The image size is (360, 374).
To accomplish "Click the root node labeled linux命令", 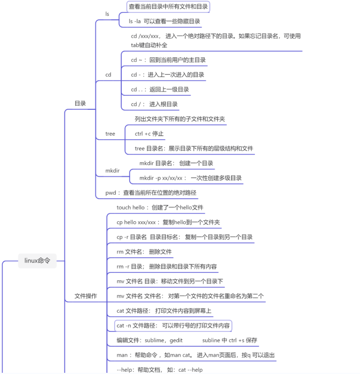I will [38, 261].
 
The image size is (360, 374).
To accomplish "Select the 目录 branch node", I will [80, 103].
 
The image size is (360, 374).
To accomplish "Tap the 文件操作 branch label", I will [86, 296].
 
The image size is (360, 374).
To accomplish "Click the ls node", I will [107, 14].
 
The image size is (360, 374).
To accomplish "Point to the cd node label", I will [108, 75].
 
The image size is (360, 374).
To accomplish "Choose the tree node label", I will [110, 134].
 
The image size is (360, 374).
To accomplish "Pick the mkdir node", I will [113, 171].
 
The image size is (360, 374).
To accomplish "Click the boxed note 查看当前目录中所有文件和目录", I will [168, 7].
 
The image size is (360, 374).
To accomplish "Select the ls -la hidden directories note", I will [165, 21].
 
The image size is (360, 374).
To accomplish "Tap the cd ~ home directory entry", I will [168, 60].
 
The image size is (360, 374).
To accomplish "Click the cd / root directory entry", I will [154, 104].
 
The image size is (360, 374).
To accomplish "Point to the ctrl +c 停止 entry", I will [149, 134].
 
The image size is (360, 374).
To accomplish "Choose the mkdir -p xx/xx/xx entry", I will [190, 178].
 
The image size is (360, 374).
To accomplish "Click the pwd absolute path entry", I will [150, 192].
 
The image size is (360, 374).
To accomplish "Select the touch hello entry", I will [160, 207].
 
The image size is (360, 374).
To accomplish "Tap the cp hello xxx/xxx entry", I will [168, 222].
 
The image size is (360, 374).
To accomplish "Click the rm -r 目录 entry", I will [167, 267].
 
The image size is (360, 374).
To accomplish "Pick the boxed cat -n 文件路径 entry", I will [173, 326].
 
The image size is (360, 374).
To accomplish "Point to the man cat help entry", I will [195, 355].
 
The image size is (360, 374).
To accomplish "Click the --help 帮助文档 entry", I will [159, 370].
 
